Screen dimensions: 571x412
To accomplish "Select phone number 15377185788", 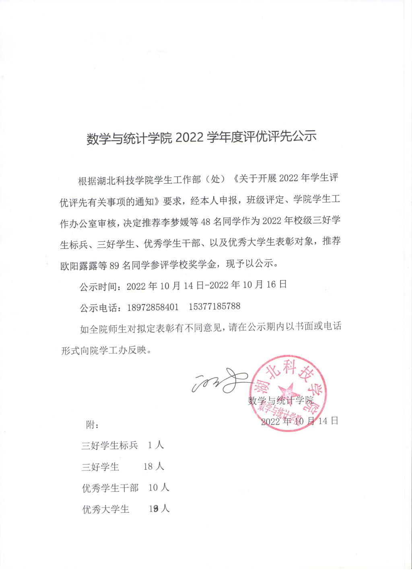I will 214,306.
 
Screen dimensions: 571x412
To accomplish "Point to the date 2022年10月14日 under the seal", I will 299,421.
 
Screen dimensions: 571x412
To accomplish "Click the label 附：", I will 93,425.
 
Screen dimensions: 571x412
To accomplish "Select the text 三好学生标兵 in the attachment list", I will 109,446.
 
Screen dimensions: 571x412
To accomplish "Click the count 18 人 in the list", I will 154,466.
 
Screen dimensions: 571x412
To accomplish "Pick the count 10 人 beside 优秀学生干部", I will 159,488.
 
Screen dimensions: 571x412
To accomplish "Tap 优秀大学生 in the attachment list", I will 106,509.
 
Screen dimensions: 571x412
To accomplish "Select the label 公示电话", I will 100,308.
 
